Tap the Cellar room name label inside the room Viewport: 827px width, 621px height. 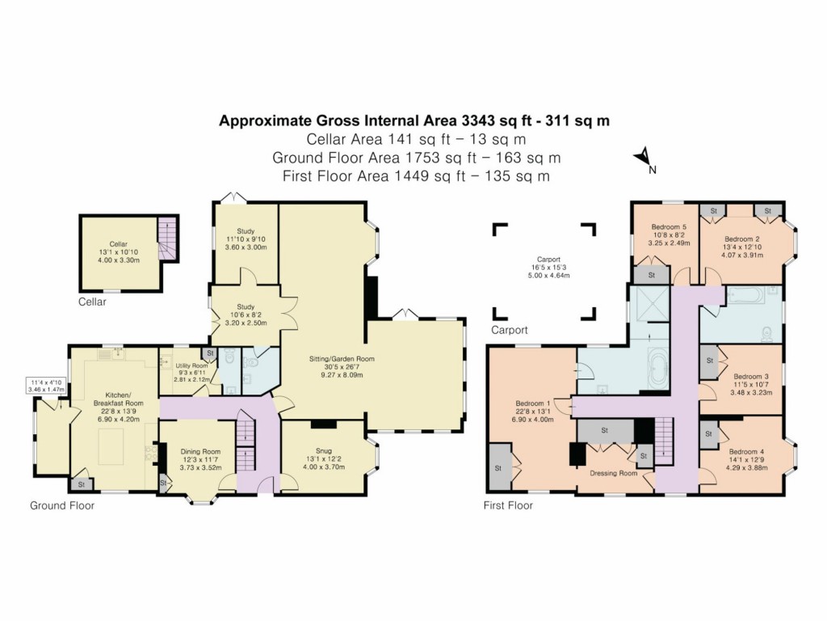[x=119, y=243]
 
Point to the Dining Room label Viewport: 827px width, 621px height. [x=199, y=451]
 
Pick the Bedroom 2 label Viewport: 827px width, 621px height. [x=742, y=239]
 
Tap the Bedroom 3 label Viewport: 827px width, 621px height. [x=750, y=376]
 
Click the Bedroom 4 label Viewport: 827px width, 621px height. [x=746, y=451]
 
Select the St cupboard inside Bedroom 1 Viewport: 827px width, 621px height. [x=499, y=469]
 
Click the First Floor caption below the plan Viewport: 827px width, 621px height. [x=508, y=505]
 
